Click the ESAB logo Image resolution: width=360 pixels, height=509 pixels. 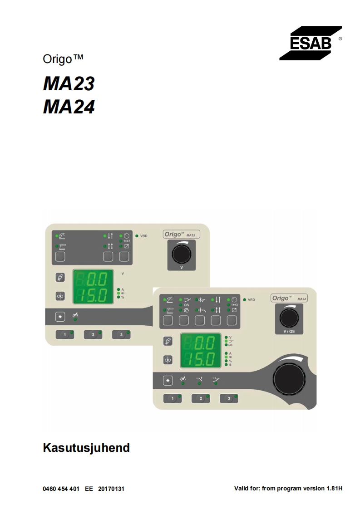pyautogui.click(x=311, y=44)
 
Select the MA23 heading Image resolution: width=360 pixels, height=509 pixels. pyautogui.click(x=69, y=84)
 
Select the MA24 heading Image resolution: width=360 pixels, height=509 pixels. pyautogui.click(x=69, y=107)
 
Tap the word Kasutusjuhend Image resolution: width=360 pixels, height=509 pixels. pyautogui.click(x=86, y=448)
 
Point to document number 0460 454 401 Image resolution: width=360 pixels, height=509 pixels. pyautogui.click(x=61, y=489)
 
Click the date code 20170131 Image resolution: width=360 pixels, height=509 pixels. pyautogui.click(x=111, y=489)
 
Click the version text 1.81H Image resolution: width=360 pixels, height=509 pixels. pyautogui.click(x=334, y=489)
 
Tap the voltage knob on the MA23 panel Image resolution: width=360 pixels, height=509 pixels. pyautogui.click(x=182, y=254)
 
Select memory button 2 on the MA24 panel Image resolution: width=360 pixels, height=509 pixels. pyautogui.click(x=200, y=398)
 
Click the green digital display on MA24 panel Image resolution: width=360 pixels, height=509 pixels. pyautogui.click(x=201, y=350)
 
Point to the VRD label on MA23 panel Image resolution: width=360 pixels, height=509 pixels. pyautogui.click(x=143, y=236)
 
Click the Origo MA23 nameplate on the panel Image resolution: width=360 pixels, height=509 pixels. pyautogui.click(x=182, y=234)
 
